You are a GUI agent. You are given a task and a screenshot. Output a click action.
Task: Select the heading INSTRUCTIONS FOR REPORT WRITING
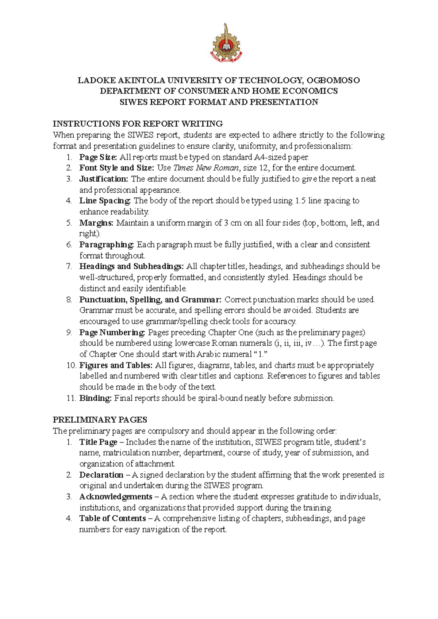(138, 124)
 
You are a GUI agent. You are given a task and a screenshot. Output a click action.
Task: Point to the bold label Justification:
(104, 179)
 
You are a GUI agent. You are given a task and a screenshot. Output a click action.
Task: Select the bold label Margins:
(96, 223)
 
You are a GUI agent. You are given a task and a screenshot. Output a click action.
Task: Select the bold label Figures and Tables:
(116, 365)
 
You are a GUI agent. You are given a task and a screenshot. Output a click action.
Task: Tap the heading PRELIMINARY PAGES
(100, 420)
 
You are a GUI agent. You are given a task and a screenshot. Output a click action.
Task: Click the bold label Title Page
(98, 442)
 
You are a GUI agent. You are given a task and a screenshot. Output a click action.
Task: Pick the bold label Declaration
(101, 475)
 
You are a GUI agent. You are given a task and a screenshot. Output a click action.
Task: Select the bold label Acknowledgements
(116, 497)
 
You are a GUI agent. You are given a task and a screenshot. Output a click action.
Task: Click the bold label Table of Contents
(112, 518)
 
